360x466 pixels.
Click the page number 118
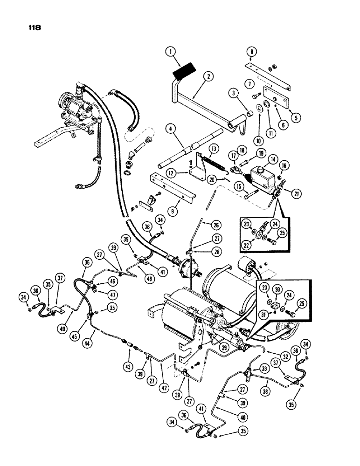coord(34,27)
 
